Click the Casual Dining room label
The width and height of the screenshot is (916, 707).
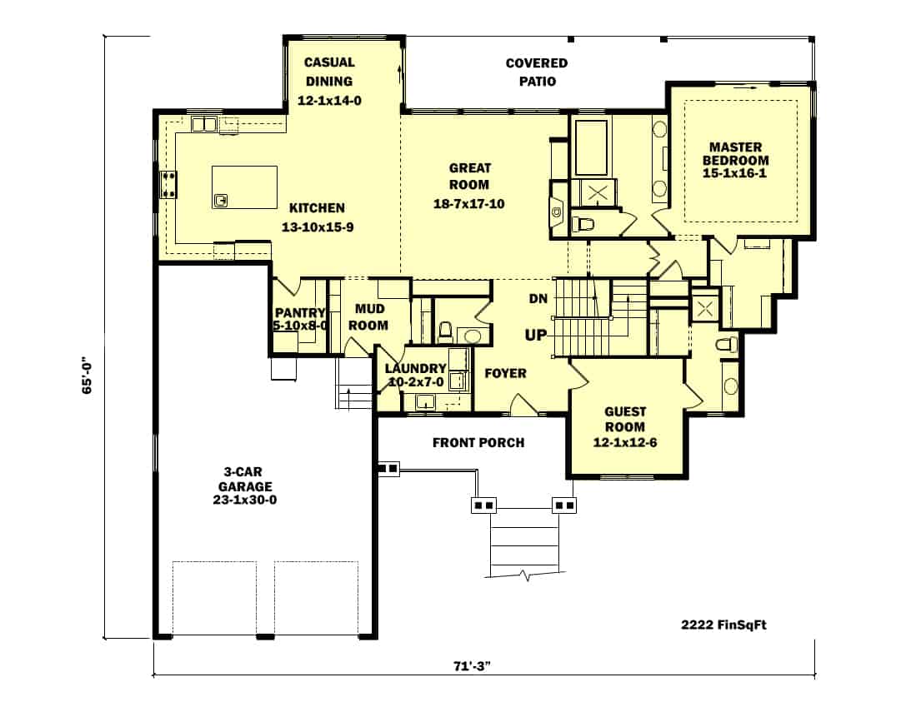(328, 72)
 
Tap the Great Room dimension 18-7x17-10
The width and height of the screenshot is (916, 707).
(469, 203)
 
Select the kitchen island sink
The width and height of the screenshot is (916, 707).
(222, 200)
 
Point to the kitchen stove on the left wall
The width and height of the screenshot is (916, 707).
(169, 184)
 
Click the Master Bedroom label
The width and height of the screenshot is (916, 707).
(736, 154)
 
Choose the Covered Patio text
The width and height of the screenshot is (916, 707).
(536, 72)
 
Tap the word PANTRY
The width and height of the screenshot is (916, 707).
(299, 313)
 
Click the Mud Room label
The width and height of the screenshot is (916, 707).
(368, 317)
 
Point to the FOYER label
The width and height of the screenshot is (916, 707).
(505, 373)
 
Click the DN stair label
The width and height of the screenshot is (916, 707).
(538, 299)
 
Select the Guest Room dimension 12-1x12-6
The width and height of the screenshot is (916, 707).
(625, 442)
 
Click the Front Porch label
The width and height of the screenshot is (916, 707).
(478, 442)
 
